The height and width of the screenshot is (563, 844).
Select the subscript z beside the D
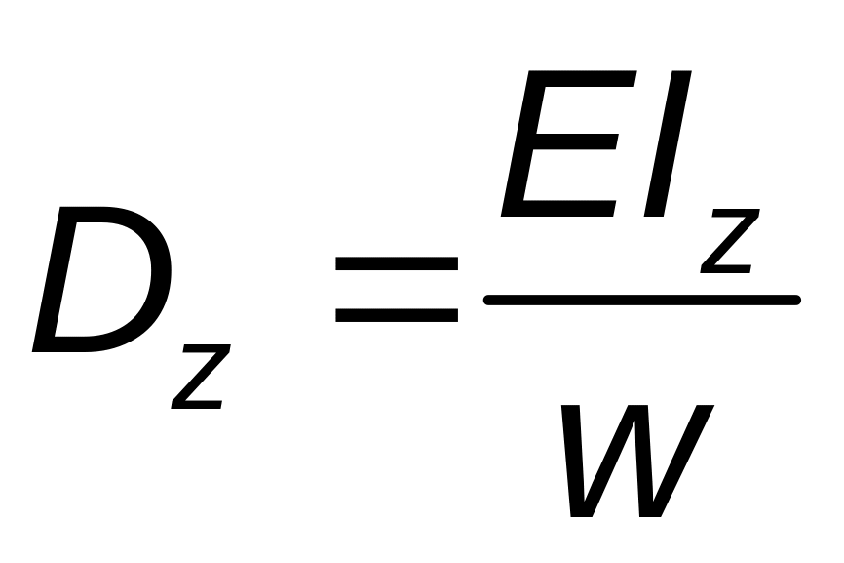pos(201,377)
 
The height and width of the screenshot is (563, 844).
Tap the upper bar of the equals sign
pos(397,264)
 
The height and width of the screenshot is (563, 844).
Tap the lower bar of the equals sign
pos(397,315)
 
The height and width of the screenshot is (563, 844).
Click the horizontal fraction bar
pos(642,300)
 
